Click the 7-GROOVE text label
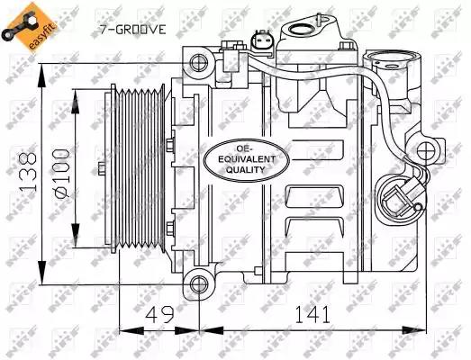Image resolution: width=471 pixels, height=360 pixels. tap(132, 30)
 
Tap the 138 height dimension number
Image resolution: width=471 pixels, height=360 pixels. tap(28, 173)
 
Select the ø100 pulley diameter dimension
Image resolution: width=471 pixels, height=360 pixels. tap(61, 174)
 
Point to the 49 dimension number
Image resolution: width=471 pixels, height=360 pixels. tap(159, 314)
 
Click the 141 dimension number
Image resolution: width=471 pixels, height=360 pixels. tap(312, 314)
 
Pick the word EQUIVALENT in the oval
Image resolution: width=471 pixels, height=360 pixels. tap(247, 159)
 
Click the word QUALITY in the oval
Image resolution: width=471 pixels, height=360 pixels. tap(246, 170)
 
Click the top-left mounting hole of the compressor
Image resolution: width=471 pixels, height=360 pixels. tap(199, 63)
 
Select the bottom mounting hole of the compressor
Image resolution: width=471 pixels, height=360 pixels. tap(199, 283)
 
